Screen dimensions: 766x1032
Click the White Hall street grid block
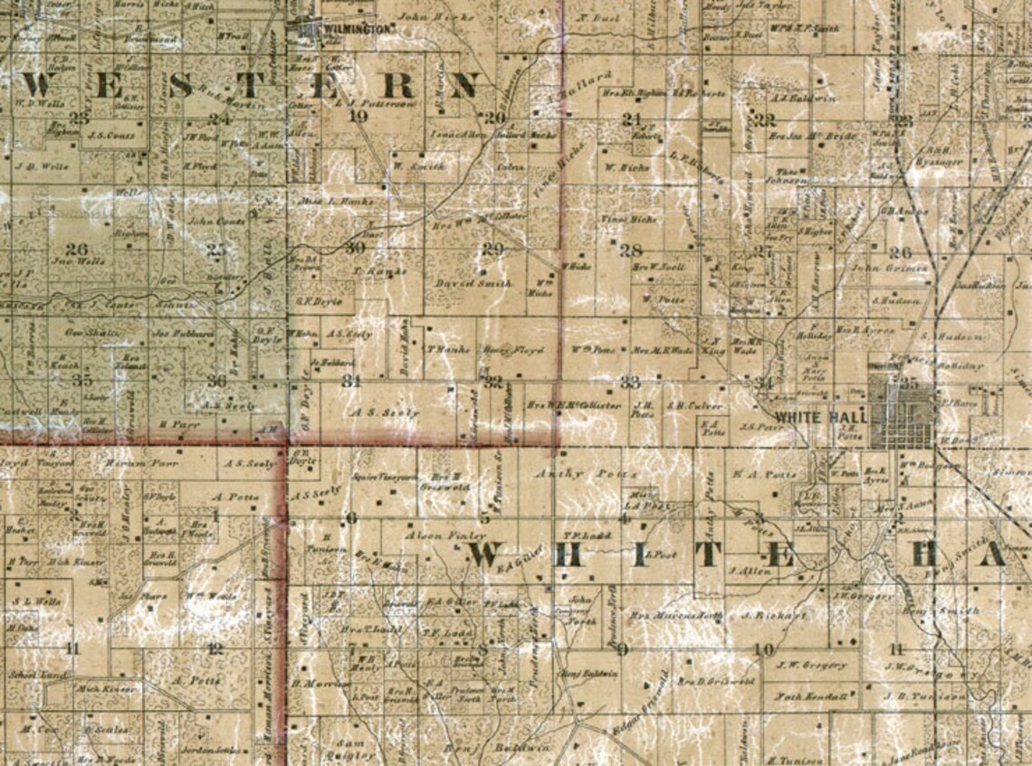[x=902, y=412]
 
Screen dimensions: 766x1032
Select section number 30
[x=356, y=247]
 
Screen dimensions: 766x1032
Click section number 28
[x=631, y=251]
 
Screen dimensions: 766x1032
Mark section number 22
[x=766, y=119]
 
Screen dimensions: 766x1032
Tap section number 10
[x=764, y=648]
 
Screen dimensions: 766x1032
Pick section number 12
[x=215, y=648]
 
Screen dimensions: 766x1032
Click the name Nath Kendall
[x=811, y=696]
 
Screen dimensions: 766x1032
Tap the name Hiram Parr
[x=130, y=463]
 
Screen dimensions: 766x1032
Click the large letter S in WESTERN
[x=180, y=86]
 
